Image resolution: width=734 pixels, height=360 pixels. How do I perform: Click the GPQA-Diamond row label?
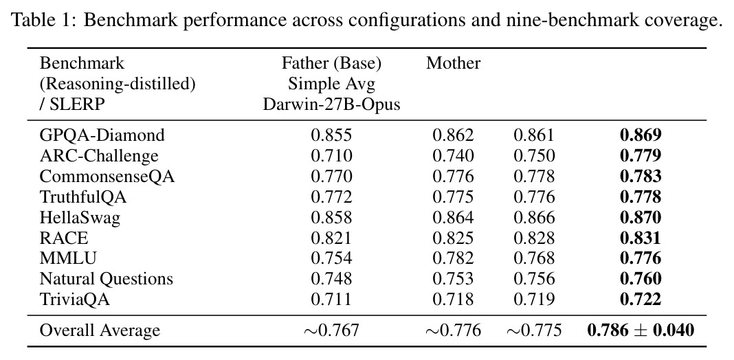[102, 135]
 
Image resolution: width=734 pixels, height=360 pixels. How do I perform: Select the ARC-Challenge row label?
[99, 156]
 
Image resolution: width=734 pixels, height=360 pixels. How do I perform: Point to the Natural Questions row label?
[107, 279]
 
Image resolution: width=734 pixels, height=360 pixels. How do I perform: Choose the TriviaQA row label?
[74, 300]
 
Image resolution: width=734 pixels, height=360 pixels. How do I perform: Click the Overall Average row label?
[100, 330]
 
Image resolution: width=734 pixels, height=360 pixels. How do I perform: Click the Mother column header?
[453, 63]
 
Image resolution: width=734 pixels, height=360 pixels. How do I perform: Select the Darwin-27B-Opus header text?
[331, 104]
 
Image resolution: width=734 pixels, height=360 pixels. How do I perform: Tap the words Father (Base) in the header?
[331, 63]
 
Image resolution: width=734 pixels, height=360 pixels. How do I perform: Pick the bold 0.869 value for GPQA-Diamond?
[641, 135]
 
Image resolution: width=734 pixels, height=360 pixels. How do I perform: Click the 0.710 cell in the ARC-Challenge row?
[331, 156]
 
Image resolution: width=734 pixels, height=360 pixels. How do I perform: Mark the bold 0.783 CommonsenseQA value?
[641, 177]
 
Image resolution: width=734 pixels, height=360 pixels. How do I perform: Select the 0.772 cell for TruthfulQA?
[331, 197]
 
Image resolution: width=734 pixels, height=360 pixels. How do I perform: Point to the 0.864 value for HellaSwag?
[453, 218]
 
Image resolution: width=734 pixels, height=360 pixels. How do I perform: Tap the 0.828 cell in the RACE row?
[534, 238]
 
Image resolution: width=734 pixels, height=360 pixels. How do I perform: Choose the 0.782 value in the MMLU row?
[453, 258]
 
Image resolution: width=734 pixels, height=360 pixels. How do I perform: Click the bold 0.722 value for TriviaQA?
[641, 300]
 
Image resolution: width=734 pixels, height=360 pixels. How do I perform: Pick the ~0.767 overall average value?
[331, 330]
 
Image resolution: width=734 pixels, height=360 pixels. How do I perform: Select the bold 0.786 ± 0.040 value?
[641, 330]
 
